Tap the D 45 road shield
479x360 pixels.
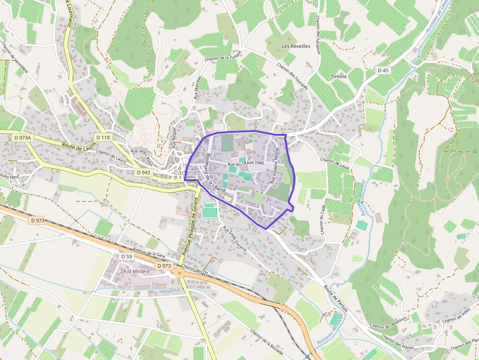click(x=384, y=70)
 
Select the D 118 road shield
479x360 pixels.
click(x=103, y=138)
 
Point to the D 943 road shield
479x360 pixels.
click(x=143, y=172)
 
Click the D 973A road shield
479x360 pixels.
click(x=22, y=138)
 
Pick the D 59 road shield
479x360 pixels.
click(x=126, y=256)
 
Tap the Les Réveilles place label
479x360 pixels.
click(x=296, y=46)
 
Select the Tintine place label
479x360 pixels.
click(x=339, y=77)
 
